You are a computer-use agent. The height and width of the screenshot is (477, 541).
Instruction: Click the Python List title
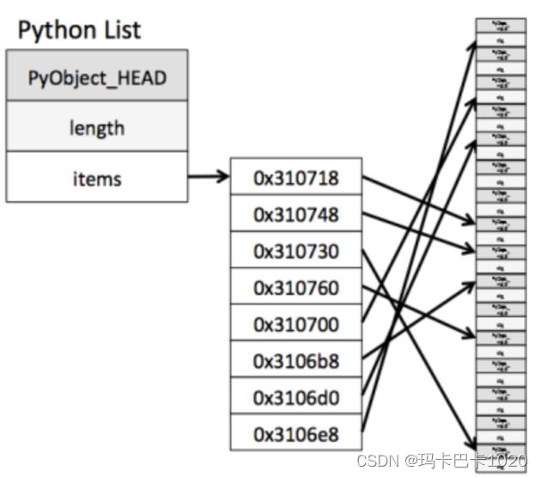pos(79,31)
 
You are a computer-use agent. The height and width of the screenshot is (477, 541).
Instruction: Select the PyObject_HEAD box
pos(96,78)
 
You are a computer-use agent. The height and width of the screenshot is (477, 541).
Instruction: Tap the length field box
pos(96,128)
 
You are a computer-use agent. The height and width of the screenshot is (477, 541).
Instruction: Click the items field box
pos(96,179)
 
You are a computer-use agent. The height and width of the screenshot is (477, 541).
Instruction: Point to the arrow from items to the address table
pos(209,179)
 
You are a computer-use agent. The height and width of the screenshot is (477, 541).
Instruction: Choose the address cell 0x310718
pos(296,178)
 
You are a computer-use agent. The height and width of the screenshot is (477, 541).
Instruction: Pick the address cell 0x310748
pos(296,215)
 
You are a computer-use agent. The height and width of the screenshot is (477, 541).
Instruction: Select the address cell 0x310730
pos(296,252)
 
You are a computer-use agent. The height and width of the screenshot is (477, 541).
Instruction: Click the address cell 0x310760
pos(296,288)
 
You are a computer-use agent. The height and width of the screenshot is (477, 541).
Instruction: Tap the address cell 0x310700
pos(296,325)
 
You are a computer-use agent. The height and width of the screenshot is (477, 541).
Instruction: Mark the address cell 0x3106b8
pos(296,361)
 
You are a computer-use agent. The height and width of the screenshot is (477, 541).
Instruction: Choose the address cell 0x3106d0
pos(296,398)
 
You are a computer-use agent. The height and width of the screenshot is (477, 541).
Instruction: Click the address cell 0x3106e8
pos(296,434)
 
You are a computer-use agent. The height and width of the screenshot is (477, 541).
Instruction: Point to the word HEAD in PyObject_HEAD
pos(137,78)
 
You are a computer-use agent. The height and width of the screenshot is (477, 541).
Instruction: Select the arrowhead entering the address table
pos(225,179)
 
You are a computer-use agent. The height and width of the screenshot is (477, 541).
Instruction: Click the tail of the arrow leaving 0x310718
pos(365,179)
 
